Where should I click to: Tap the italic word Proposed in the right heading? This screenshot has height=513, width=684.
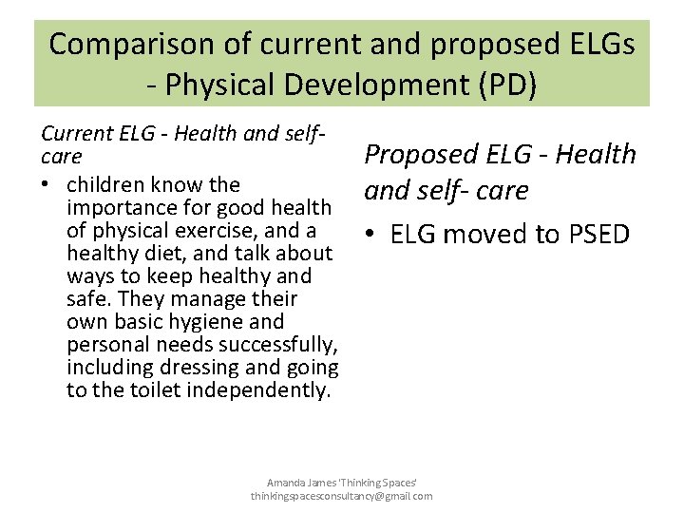[x=417, y=154]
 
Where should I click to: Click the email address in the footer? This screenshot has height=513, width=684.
[x=341, y=496]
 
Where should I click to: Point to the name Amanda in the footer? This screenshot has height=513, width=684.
[x=285, y=483]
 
